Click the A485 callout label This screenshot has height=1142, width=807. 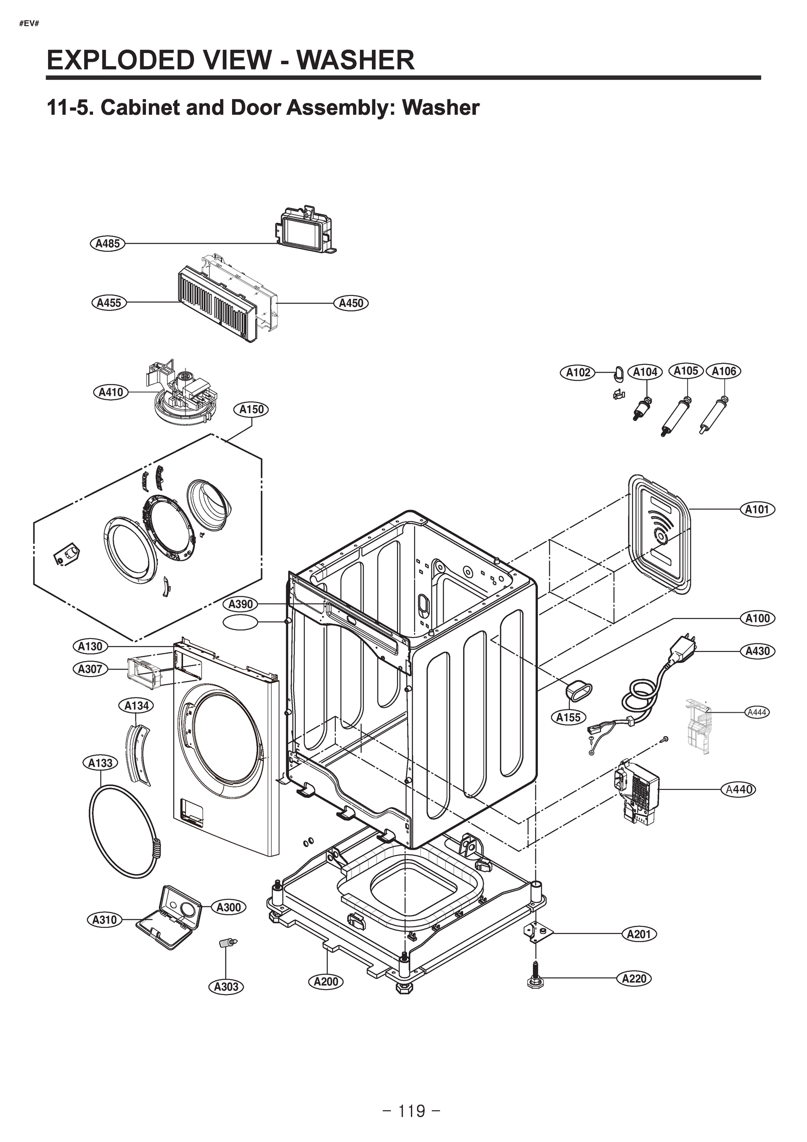click(107, 244)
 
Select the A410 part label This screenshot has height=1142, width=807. click(110, 393)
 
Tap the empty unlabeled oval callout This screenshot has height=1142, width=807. click(241, 622)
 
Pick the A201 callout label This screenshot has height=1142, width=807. click(639, 934)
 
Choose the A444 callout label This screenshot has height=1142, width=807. click(757, 712)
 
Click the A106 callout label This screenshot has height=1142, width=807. click(723, 371)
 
